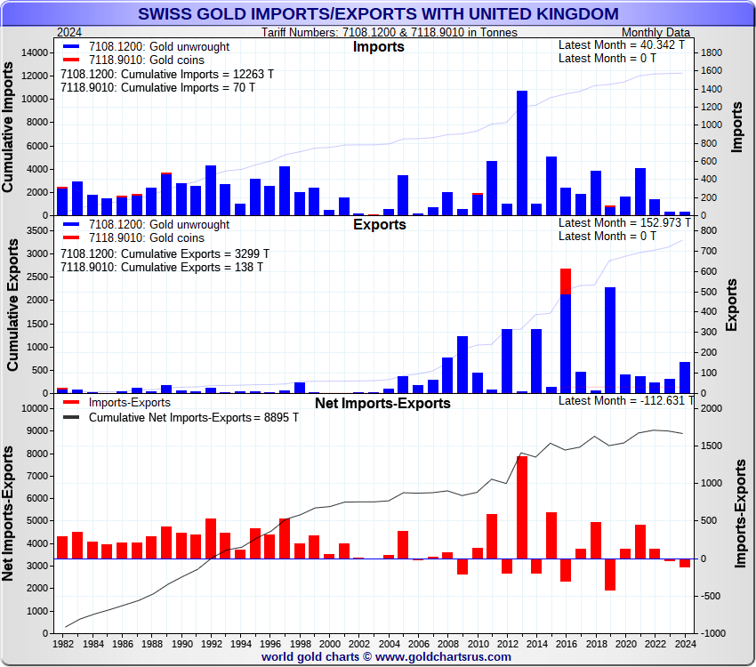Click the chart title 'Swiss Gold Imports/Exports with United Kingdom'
click(378, 13)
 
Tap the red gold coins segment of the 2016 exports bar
click(566, 281)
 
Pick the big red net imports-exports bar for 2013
click(522, 507)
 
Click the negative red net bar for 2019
click(610, 575)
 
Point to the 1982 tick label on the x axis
click(63, 642)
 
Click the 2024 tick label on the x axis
click(684, 642)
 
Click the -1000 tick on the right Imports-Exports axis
click(712, 633)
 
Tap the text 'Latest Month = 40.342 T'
click(622, 44)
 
